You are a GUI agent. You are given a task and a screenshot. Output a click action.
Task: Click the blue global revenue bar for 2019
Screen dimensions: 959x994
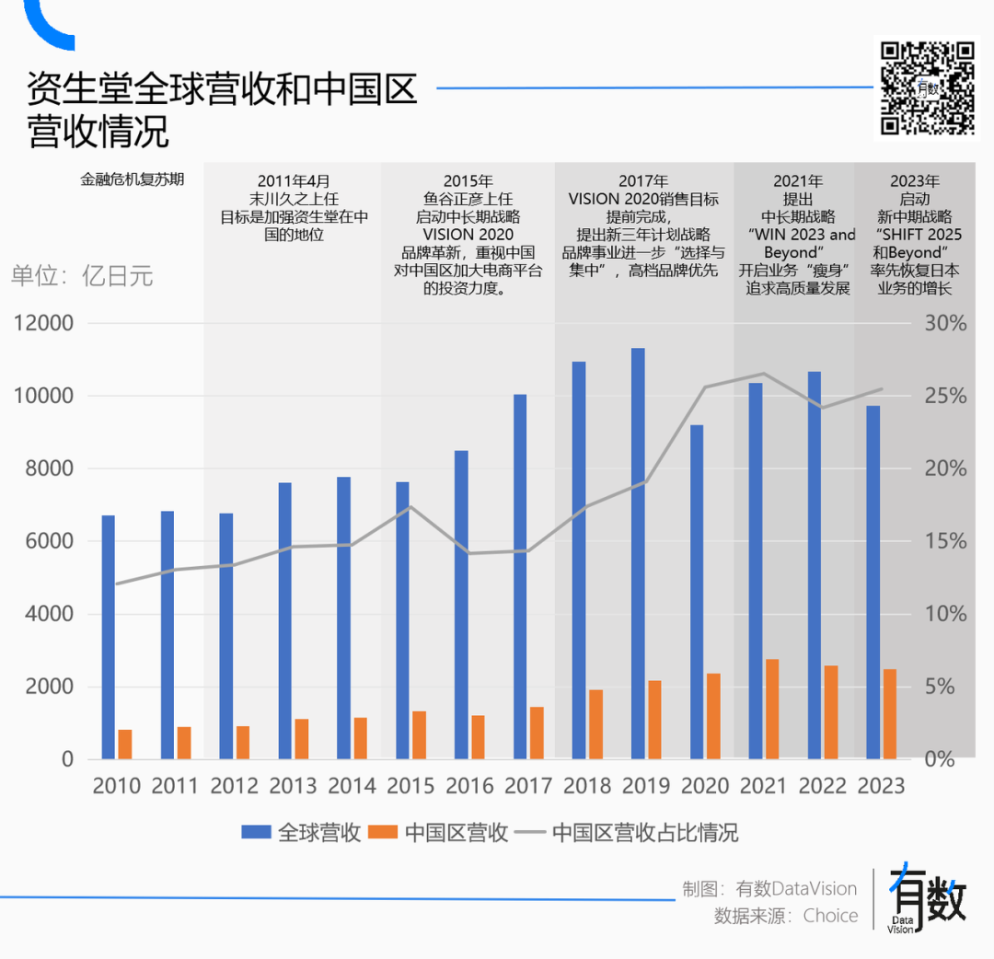click(638, 552)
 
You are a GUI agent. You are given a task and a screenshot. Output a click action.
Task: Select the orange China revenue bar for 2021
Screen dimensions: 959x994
click(772, 709)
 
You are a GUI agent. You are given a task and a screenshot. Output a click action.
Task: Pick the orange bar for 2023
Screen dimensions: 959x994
click(890, 714)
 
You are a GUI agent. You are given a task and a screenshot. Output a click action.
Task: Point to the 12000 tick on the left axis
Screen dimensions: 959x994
click(42, 323)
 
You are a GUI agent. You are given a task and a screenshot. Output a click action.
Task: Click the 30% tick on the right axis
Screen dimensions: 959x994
click(946, 323)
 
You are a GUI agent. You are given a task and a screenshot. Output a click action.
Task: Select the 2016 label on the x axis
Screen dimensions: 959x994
click(469, 786)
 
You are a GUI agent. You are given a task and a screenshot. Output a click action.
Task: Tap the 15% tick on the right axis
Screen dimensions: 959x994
click(946, 541)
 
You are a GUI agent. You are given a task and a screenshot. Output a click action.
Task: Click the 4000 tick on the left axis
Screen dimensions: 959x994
click(42, 614)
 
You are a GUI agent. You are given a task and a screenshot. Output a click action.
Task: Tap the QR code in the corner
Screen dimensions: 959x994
click(928, 88)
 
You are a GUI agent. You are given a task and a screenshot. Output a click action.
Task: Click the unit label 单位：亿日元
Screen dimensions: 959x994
click(83, 276)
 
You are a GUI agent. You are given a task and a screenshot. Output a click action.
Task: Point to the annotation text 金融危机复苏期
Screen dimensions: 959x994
click(133, 179)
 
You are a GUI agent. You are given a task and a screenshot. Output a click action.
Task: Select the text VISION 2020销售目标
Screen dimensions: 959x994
click(643, 199)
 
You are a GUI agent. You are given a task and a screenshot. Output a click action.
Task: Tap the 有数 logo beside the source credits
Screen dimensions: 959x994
click(928, 897)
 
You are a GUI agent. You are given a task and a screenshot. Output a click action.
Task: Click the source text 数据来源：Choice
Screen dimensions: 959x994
click(786, 916)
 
